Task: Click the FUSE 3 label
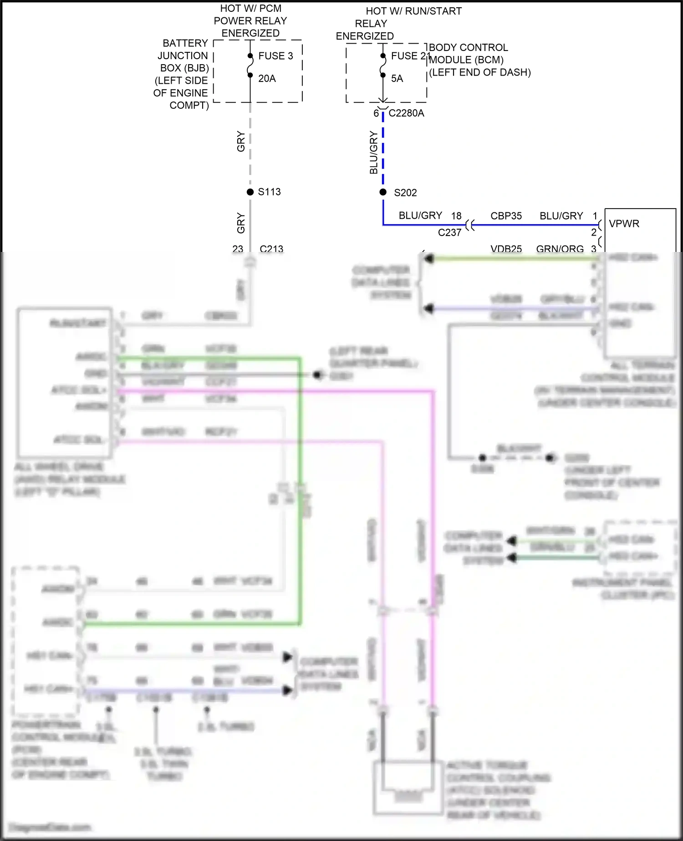point(275,56)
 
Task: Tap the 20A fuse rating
point(267,78)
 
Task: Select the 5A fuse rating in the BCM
point(397,78)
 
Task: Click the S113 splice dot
point(250,192)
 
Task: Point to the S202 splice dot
point(383,192)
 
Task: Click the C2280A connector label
point(406,113)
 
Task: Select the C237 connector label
point(449,232)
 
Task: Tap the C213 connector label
point(271,249)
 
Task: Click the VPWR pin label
point(624,224)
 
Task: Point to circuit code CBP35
point(506,216)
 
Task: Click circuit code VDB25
point(506,249)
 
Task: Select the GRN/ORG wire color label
point(560,249)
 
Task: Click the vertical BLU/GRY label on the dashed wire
point(374,152)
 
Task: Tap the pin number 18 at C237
point(456,216)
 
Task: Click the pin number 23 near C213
point(238,249)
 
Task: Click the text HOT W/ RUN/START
point(413,11)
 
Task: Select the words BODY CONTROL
point(468,47)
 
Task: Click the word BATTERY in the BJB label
point(185,43)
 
